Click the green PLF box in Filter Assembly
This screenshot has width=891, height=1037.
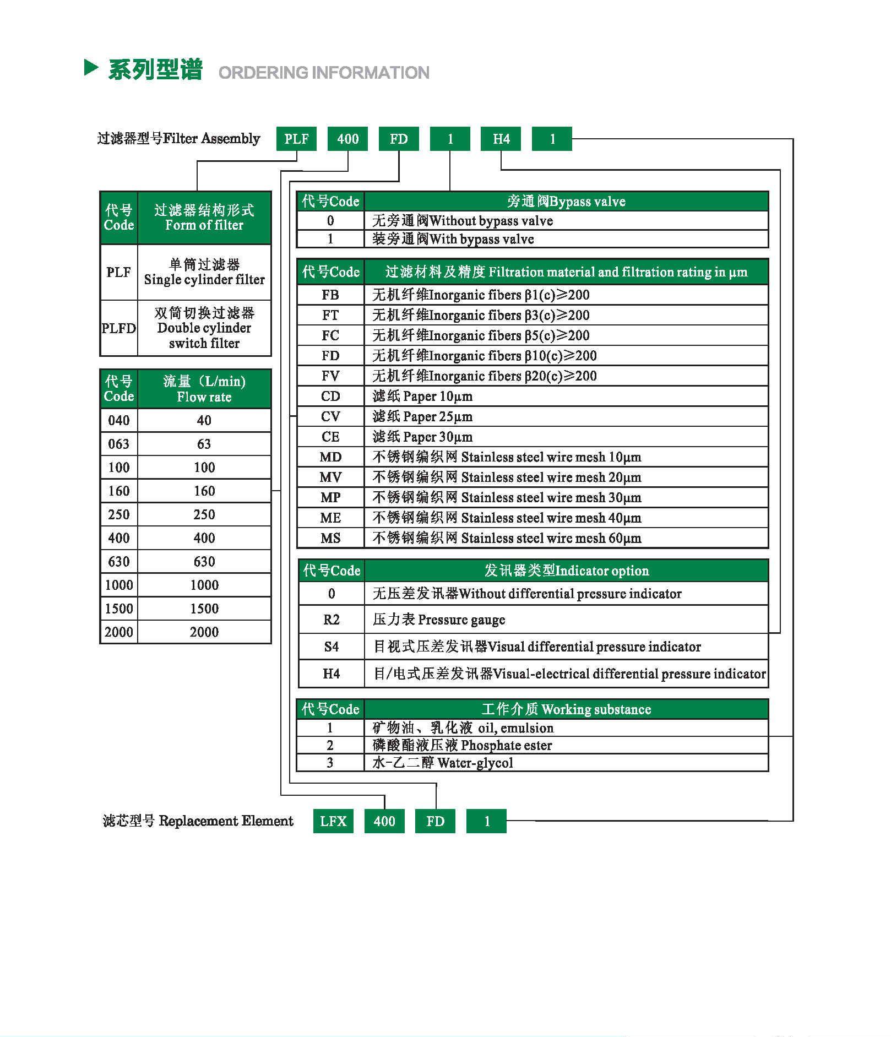point(296,139)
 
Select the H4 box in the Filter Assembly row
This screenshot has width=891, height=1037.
point(501,139)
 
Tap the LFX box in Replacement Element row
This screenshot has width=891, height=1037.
point(333,821)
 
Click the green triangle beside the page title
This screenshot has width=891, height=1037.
point(91,68)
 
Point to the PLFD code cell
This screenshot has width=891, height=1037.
point(118,328)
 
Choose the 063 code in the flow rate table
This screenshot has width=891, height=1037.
point(119,444)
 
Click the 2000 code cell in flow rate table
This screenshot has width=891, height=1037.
point(119,632)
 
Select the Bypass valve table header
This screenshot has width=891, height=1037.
point(566,202)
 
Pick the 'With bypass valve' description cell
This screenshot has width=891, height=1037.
point(566,239)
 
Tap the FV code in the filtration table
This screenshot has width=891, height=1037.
point(330,376)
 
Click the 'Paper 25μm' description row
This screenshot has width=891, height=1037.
point(566,417)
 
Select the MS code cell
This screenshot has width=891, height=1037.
point(330,538)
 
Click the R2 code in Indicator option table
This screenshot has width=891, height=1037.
point(332,620)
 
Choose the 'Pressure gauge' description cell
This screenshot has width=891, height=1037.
point(566,620)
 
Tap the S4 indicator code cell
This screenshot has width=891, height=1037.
point(332,647)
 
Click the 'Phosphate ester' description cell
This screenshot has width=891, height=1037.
point(566,746)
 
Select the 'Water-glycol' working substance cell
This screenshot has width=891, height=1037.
point(566,763)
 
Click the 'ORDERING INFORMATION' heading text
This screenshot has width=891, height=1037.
point(324,73)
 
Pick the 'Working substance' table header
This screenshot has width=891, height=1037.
point(566,709)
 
